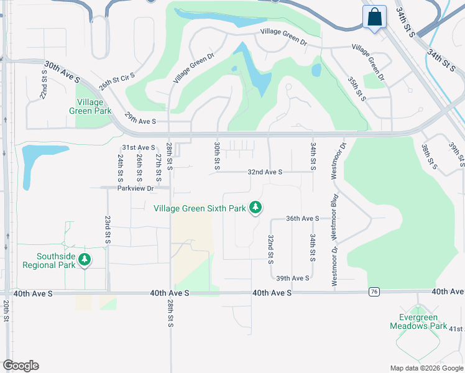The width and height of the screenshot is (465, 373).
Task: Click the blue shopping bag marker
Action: (x=375, y=17)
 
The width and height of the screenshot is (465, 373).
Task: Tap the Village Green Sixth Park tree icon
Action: (x=255, y=208)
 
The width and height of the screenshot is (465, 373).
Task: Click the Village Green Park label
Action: (x=94, y=106)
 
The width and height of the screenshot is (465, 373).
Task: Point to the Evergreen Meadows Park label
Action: (x=418, y=321)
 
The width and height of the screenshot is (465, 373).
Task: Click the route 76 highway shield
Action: (x=374, y=292)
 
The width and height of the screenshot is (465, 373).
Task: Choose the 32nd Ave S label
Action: (x=265, y=172)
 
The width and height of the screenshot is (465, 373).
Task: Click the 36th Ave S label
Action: (x=302, y=219)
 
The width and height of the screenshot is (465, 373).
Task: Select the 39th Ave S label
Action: (x=293, y=278)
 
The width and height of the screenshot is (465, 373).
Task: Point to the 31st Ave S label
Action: (x=137, y=147)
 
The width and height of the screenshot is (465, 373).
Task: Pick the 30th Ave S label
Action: (x=62, y=71)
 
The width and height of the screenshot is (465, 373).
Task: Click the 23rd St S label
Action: (x=108, y=229)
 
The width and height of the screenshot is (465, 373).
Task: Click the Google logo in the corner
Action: (x=21, y=366)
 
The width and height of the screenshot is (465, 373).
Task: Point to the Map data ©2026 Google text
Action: (x=426, y=368)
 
